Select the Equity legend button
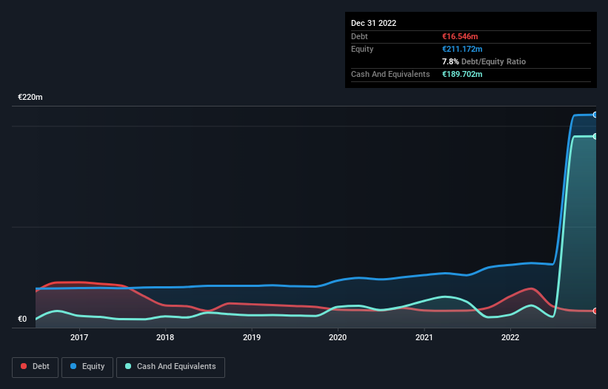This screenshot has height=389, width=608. [x=88, y=367]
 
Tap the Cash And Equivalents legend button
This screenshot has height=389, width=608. [x=170, y=367]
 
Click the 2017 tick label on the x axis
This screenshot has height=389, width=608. [x=79, y=338]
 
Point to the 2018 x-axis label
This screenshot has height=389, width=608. [x=165, y=338]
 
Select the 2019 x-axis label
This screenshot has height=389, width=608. [x=252, y=338]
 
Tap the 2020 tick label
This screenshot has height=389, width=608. [x=338, y=338]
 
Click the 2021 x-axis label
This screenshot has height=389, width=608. [x=424, y=338]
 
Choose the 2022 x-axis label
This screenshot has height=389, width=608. [x=510, y=338]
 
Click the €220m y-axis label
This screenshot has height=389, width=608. [x=30, y=98]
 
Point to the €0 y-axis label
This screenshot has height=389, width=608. [x=22, y=319]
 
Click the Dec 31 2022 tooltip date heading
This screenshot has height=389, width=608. [x=374, y=23]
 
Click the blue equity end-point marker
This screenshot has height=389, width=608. [x=595, y=115]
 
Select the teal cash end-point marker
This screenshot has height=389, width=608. [x=595, y=137]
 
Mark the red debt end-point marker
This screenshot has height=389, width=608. [x=595, y=311]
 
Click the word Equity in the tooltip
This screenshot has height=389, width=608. [x=363, y=49]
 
